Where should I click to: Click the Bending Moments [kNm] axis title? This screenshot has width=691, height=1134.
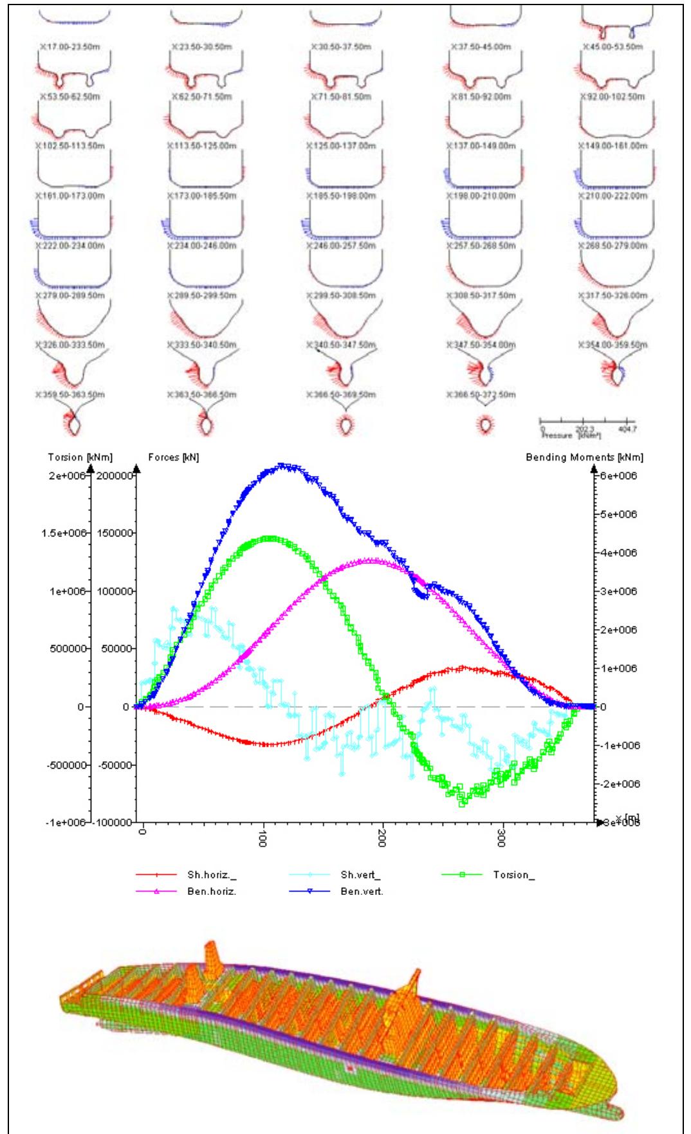click(x=600, y=457)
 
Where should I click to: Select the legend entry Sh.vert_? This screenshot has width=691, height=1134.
click(x=360, y=875)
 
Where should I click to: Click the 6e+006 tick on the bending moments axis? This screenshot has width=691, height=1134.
click(x=619, y=476)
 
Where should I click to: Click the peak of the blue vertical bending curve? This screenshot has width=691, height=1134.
click(x=281, y=464)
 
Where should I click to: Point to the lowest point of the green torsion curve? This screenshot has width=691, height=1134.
click(x=462, y=803)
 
